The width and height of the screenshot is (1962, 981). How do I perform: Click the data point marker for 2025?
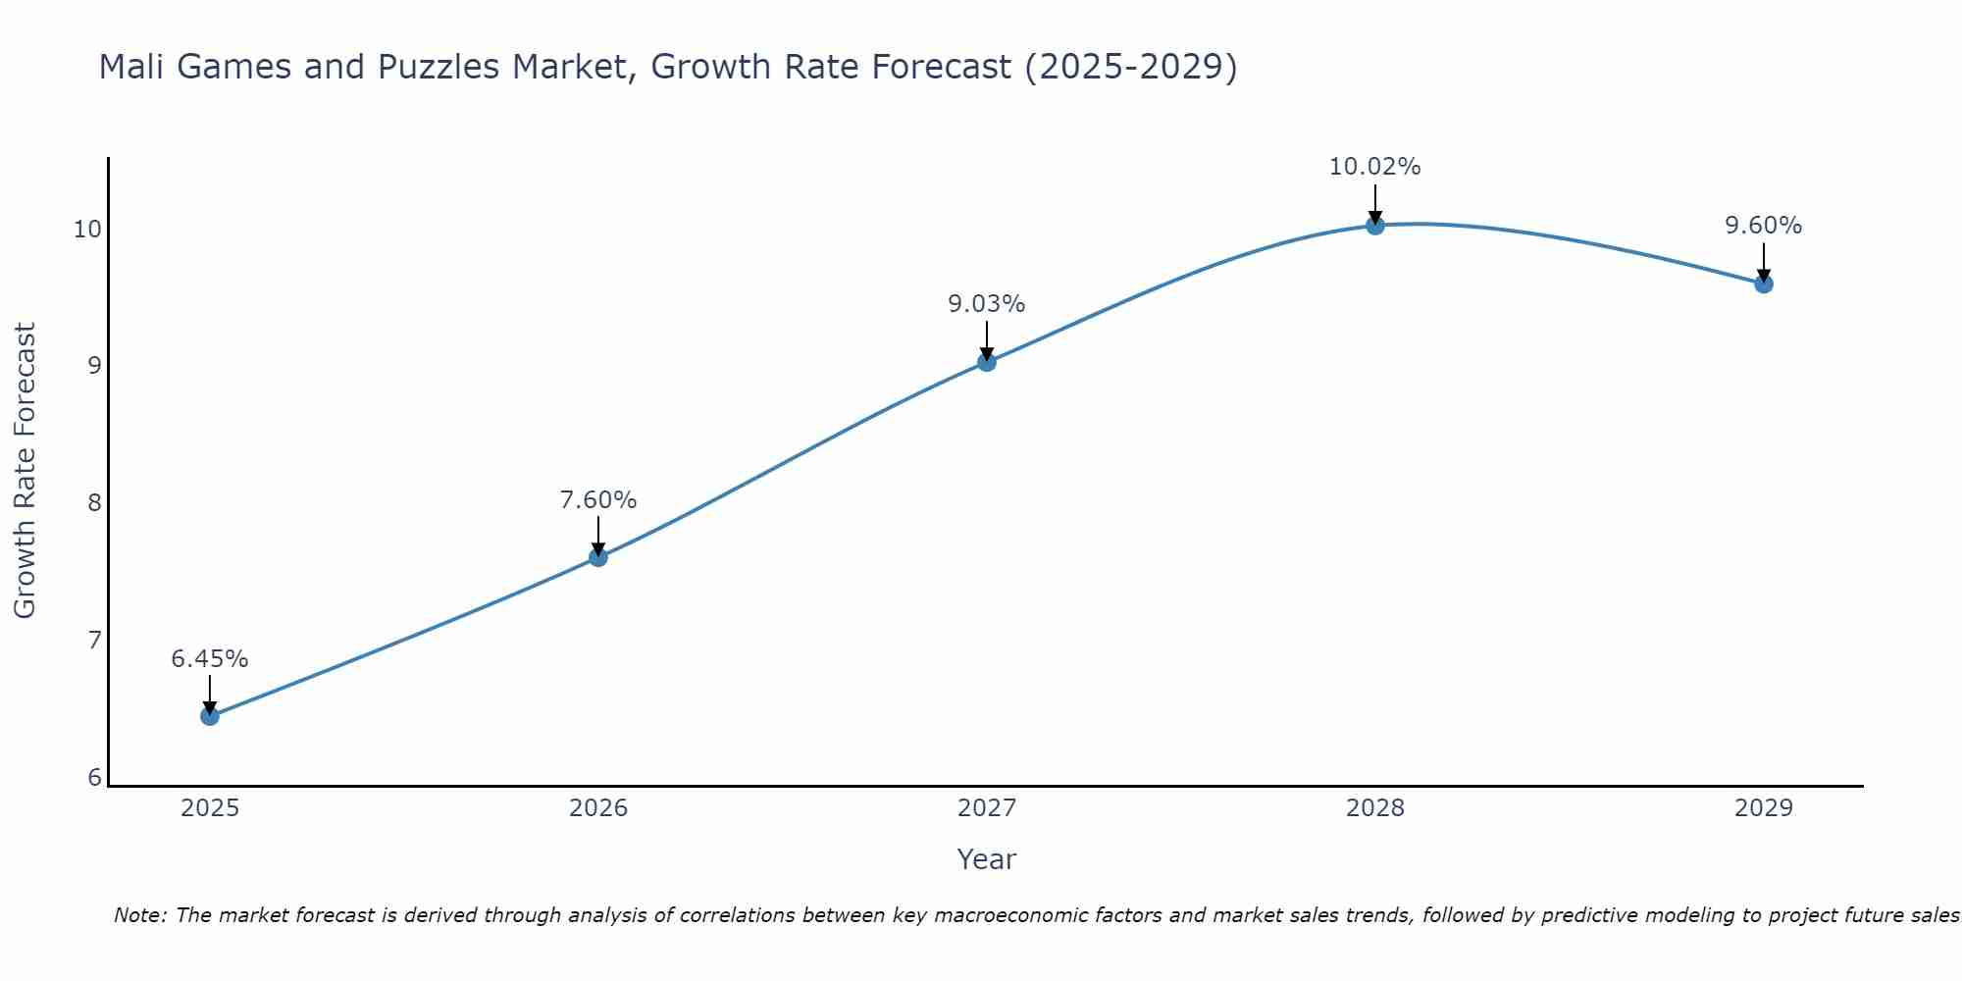click(210, 716)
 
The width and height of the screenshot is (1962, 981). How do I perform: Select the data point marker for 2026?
click(598, 558)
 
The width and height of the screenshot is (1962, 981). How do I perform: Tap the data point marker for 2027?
click(987, 362)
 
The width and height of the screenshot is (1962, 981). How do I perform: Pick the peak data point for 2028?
click(1375, 226)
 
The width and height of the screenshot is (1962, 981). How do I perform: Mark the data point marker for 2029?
click(1764, 284)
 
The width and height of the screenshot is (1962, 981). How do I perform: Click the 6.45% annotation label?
click(210, 659)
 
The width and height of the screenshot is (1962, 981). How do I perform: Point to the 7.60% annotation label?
click(598, 500)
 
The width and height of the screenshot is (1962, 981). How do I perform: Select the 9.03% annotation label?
click(987, 304)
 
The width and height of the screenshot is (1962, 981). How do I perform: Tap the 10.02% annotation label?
click(1375, 167)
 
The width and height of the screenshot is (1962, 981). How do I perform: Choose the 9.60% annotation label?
click(1764, 226)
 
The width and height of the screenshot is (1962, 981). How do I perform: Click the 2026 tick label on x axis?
click(598, 808)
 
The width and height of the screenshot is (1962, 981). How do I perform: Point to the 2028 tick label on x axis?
click(1375, 808)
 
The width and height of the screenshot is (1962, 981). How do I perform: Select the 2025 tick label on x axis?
click(210, 808)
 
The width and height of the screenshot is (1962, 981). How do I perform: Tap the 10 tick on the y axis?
click(87, 230)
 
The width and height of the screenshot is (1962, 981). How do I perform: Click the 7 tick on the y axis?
click(94, 641)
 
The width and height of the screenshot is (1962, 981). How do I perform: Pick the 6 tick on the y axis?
click(94, 778)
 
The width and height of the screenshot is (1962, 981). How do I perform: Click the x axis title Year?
click(987, 859)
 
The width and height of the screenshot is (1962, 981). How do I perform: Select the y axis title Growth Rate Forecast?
click(25, 471)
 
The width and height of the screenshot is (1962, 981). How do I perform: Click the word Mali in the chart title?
click(130, 67)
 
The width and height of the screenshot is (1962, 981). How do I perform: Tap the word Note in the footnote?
click(140, 915)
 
